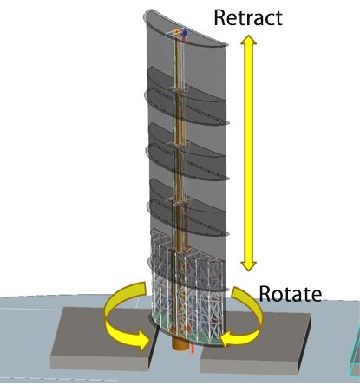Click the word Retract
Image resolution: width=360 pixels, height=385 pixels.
point(248,18)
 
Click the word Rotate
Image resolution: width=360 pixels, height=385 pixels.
point(290,294)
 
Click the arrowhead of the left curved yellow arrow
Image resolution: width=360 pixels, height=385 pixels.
point(143,341)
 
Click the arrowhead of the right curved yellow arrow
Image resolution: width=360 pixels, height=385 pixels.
point(227,338)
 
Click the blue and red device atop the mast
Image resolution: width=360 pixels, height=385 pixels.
point(184,34)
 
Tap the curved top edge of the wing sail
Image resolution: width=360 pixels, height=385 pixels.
point(185,28)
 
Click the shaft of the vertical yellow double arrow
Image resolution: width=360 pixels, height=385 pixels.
point(249,153)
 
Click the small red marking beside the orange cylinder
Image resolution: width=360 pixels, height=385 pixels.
point(192,349)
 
